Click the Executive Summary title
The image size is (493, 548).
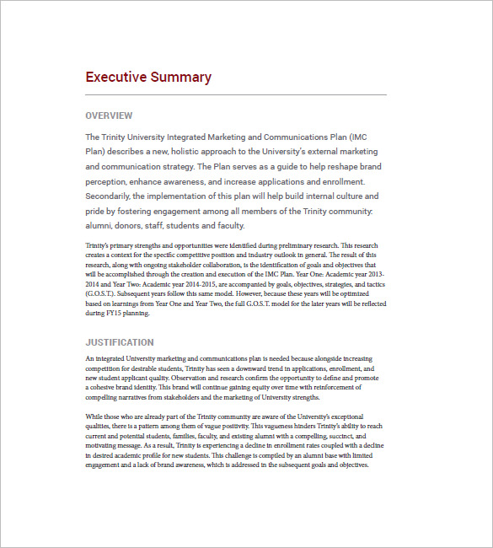click(148, 78)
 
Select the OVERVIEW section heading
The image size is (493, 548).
click(109, 116)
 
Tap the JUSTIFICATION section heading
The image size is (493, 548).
click(120, 342)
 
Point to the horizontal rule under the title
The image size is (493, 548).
click(236, 94)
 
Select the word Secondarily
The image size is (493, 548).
click(110, 196)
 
